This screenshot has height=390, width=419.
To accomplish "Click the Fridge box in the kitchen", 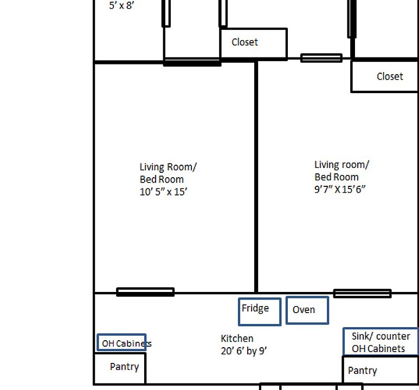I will (260, 311).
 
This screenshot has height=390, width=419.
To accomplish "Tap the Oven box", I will (307, 310).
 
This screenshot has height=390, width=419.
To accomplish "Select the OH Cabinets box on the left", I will (122, 343).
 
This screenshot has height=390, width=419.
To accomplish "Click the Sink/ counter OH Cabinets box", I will (381, 342).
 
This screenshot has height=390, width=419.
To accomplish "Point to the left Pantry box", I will (120, 368).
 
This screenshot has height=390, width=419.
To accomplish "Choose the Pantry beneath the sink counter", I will (379, 372).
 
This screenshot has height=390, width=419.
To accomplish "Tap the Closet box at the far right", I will (385, 76).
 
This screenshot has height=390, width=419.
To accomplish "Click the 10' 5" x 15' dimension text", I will (164, 192).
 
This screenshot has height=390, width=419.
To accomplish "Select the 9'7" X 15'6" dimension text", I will (340, 190).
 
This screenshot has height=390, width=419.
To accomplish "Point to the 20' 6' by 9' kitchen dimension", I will (244, 351).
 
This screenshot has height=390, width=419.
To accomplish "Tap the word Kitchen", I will (237, 339).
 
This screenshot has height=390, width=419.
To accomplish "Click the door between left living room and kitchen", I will (145, 292).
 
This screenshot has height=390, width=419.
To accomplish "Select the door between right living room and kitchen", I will (362, 294).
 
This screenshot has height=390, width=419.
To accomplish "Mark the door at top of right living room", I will (321, 58).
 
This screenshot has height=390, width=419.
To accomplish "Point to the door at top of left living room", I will (192, 63).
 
